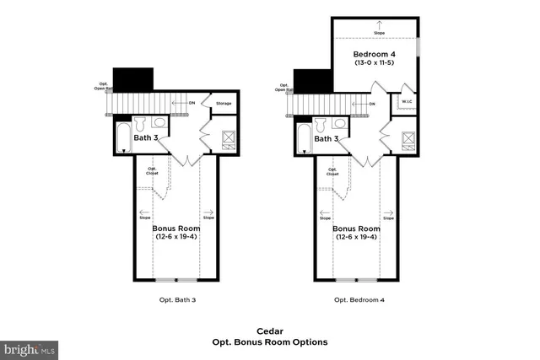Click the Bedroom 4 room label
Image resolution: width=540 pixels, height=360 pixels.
pyautogui.click(x=375, y=54)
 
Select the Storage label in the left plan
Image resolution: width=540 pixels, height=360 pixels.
pyautogui.click(x=223, y=104)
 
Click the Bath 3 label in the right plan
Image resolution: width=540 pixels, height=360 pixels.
pyautogui.click(x=326, y=137)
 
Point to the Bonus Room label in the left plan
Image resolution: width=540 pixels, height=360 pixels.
pyautogui.click(x=175, y=228)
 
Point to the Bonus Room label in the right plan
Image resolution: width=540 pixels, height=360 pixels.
pyautogui.click(x=356, y=228)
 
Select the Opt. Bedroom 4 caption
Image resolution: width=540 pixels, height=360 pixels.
pyautogui.click(x=359, y=299)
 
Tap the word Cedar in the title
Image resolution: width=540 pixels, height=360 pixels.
pyautogui.click(x=269, y=331)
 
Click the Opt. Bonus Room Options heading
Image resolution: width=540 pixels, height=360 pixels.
pyautogui.click(x=269, y=342)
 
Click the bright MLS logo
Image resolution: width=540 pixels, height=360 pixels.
pyautogui.click(x=30, y=347)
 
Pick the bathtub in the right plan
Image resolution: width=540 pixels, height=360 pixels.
pyautogui.click(x=303, y=137)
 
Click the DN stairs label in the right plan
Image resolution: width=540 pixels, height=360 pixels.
pyautogui.click(x=372, y=104)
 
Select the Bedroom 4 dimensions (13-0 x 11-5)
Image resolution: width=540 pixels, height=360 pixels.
pyautogui.click(x=375, y=63)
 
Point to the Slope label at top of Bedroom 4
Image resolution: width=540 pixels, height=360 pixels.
pyautogui.click(x=378, y=33)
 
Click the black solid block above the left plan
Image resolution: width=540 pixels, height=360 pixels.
pyautogui.click(x=132, y=79)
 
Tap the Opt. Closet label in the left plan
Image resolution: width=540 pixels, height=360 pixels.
pyautogui.click(x=153, y=171)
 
